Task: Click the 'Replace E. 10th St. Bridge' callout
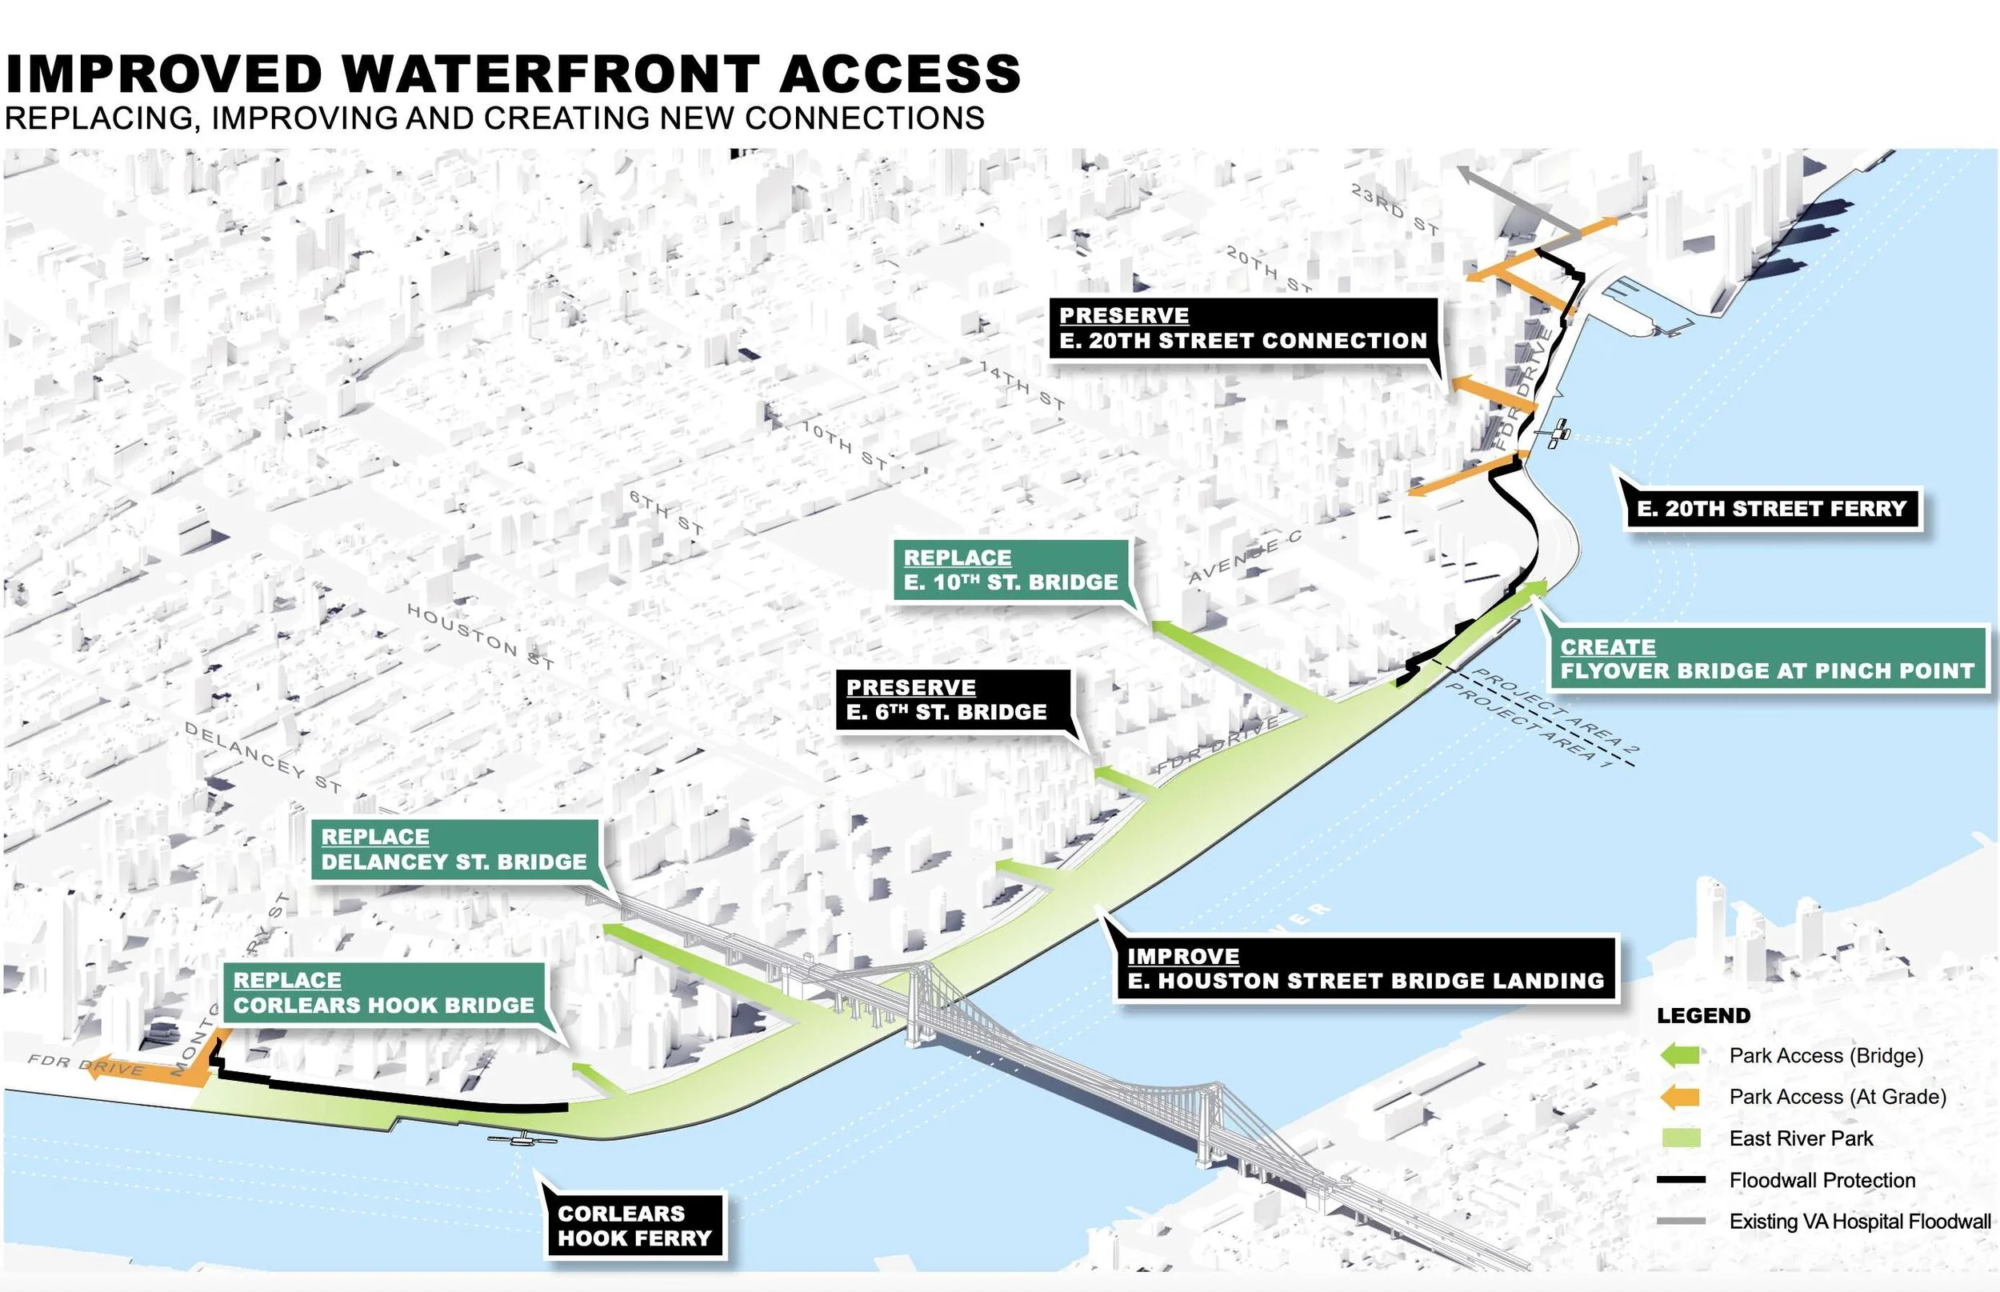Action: coord(1011,570)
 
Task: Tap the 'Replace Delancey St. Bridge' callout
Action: coord(454,850)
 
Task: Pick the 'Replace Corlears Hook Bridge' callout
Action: coord(383,993)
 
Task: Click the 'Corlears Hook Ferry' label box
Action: coord(634,1226)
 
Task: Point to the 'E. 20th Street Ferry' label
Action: coord(1772,510)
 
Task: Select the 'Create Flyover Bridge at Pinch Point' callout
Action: coord(1766,659)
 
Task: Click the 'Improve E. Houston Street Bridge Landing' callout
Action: coord(1365,969)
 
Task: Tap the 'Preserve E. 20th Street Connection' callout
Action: coord(1242,329)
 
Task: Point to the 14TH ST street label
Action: coord(1022,385)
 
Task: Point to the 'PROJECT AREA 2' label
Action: coord(1557,710)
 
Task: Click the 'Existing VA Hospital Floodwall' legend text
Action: coord(1860,1222)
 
